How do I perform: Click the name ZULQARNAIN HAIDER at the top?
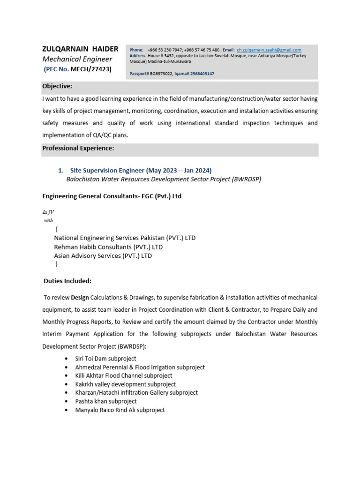pyautogui.click(x=80, y=49)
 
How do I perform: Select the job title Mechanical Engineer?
pyautogui.click(x=77, y=59)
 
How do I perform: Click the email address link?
pyautogui.click(x=269, y=50)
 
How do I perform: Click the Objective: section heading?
pyautogui.click(x=57, y=86)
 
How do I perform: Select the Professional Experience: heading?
pyautogui.click(x=78, y=149)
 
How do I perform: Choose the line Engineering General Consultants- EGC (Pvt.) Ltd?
pyautogui.click(x=112, y=196)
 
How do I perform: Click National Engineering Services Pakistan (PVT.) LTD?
pyautogui.click(x=125, y=238)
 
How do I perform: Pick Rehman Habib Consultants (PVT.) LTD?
pyautogui.click(x=108, y=247)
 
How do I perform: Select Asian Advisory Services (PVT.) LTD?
pyautogui.click(x=103, y=256)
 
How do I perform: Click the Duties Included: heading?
pyautogui.click(x=67, y=281)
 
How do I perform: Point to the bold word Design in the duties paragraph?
pyautogui.click(x=80, y=298)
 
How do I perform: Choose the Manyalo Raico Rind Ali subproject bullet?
pyautogui.click(x=120, y=410)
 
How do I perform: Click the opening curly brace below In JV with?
pyautogui.click(x=56, y=229)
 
